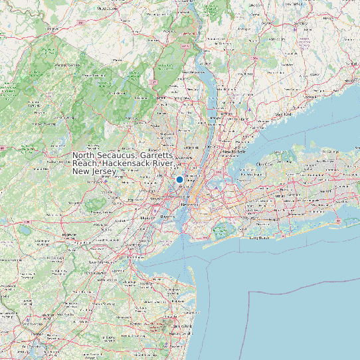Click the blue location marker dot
(179, 179)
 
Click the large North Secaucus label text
(124, 163)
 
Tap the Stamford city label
(284, 114)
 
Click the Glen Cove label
(264, 163)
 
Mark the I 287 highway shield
(153, 82)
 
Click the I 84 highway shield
(81, 23)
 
